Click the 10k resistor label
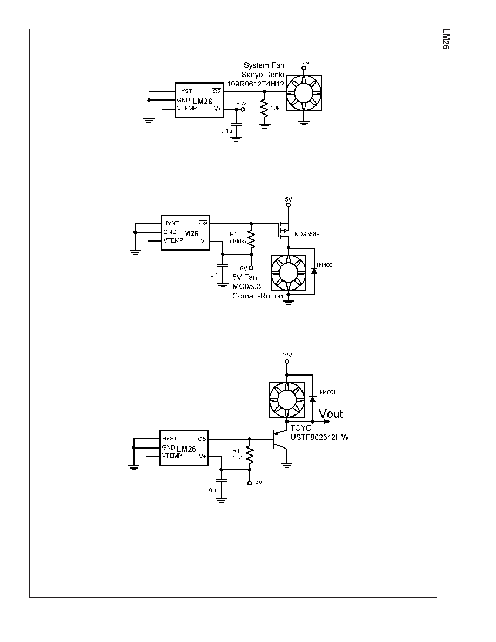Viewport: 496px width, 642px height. (x=275, y=108)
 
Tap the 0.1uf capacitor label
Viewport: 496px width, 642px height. (x=228, y=131)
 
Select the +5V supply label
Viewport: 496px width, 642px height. (x=242, y=104)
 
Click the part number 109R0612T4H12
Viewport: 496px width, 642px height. (x=256, y=84)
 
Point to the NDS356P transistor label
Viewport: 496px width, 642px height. (x=307, y=234)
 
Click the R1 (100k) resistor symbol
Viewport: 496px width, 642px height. (x=251, y=241)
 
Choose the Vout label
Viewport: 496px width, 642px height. (x=331, y=413)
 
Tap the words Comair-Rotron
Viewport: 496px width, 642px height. (x=257, y=296)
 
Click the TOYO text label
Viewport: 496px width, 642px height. (x=301, y=428)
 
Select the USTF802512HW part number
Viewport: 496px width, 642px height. (x=320, y=437)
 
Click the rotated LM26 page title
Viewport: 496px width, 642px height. (x=446, y=39)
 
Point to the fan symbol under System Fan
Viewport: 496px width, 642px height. (x=304, y=92)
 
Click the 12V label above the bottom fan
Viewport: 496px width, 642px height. (x=287, y=355)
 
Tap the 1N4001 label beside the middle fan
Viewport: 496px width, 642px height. (x=326, y=265)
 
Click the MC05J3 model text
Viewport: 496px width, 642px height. (x=247, y=286)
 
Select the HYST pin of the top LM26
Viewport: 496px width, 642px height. (x=185, y=91)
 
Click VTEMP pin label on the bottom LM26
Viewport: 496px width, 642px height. (x=172, y=456)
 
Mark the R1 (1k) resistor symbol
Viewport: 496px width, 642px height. (x=250, y=456)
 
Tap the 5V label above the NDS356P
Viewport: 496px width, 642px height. (x=289, y=199)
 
